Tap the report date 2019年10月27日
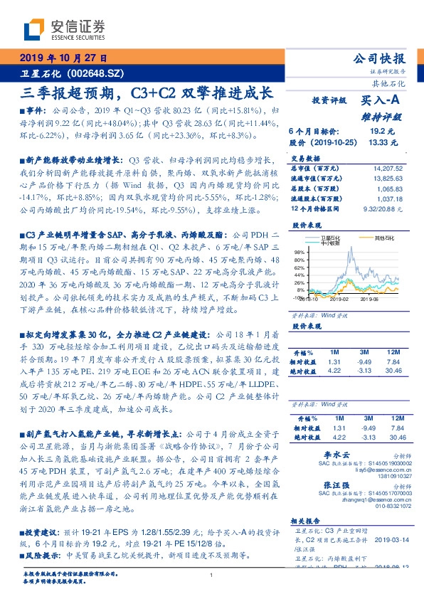click(63, 58)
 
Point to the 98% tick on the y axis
click(300, 252)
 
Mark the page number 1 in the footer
click(211, 575)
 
